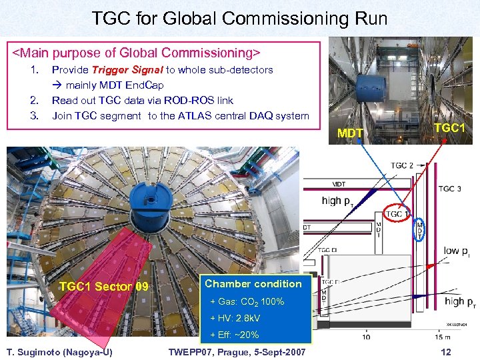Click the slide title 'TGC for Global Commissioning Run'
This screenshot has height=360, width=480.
240,18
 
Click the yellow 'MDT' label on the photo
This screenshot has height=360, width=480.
351,133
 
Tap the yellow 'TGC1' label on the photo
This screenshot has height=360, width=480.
450,127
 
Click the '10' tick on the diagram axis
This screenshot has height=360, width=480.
366,337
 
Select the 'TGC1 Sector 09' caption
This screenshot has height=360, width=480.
104,287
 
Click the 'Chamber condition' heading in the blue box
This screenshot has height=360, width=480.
253,284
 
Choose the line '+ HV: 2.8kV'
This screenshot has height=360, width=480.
235,318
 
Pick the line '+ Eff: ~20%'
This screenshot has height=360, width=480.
235,335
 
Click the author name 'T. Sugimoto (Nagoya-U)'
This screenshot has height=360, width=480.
59,352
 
